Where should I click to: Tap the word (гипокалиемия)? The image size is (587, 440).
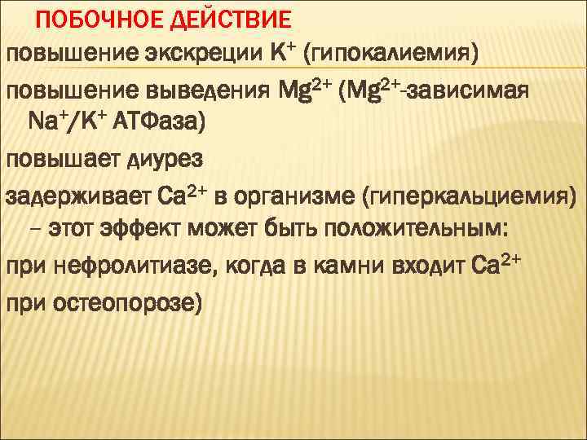[x=391, y=53]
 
